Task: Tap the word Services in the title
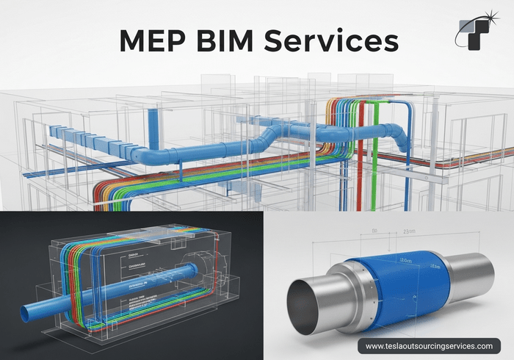(341, 40)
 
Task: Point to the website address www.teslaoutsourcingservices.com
(429, 345)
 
